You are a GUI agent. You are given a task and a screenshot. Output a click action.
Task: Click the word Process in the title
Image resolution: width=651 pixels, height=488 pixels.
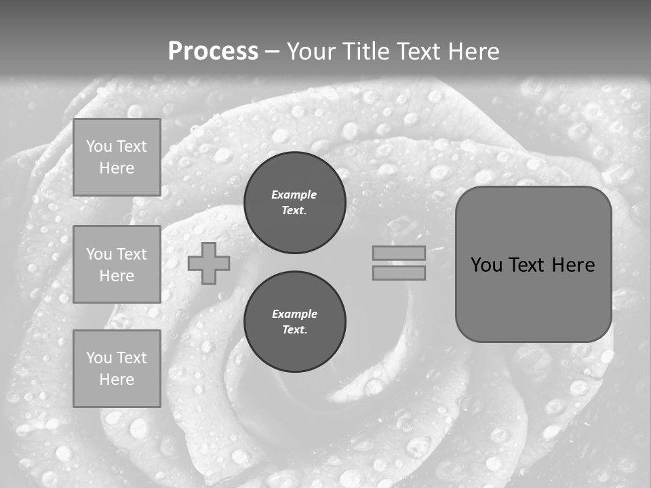[213, 52]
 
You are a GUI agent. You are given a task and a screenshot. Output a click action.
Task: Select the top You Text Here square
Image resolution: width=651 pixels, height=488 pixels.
[117, 157]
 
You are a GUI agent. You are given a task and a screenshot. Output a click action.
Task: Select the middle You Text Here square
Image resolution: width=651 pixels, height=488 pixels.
[117, 264]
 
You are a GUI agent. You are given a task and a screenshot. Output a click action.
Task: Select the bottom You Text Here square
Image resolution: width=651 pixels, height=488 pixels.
[117, 369]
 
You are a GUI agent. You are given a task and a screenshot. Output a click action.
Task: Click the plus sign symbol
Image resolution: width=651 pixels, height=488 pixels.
[209, 264]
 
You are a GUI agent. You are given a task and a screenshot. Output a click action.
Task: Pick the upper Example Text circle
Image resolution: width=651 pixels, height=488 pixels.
[294, 203]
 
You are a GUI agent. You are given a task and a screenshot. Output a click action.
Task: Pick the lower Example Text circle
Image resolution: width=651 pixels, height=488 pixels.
[294, 322]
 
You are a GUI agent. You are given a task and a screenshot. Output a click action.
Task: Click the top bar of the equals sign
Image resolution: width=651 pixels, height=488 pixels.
[399, 253]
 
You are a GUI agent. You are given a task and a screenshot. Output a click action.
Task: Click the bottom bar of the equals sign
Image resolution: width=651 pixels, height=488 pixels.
[399, 273]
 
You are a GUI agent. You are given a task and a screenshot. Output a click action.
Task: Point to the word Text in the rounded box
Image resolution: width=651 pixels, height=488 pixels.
[532, 265]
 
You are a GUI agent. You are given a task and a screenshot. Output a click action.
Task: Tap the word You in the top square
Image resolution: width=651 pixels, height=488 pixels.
[99, 146]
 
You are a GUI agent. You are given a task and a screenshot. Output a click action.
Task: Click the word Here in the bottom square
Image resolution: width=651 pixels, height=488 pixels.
[117, 380]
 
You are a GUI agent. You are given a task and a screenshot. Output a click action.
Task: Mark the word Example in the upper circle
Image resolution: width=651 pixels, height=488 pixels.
[294, 195]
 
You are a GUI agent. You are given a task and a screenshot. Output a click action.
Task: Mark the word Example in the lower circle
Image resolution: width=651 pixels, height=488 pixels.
[294, 314]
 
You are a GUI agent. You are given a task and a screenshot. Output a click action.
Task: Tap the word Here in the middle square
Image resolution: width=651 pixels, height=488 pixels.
[117, 276]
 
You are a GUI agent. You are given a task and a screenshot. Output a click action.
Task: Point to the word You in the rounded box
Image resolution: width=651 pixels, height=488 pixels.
[486, 265]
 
